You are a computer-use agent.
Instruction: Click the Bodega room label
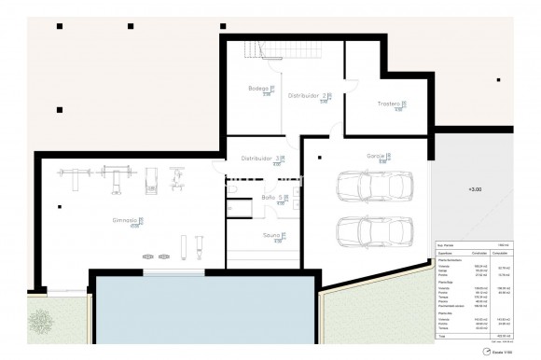pos(259,89)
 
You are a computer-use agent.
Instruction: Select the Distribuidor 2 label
pos(306,95)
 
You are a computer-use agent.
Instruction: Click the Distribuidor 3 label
pos(270,159)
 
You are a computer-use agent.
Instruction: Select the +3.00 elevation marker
pos(477,190)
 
